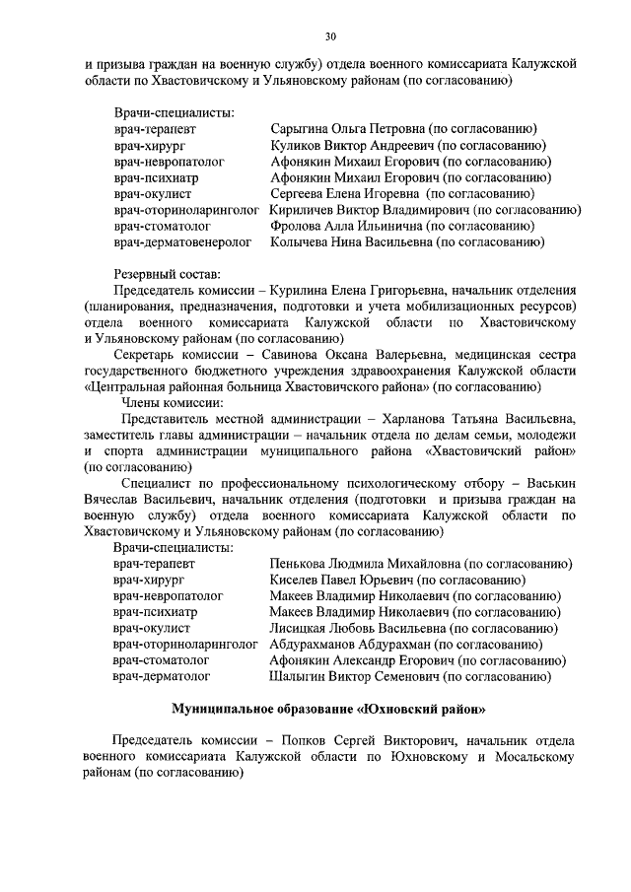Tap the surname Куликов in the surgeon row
(295, 146)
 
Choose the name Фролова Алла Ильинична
(341, 226)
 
